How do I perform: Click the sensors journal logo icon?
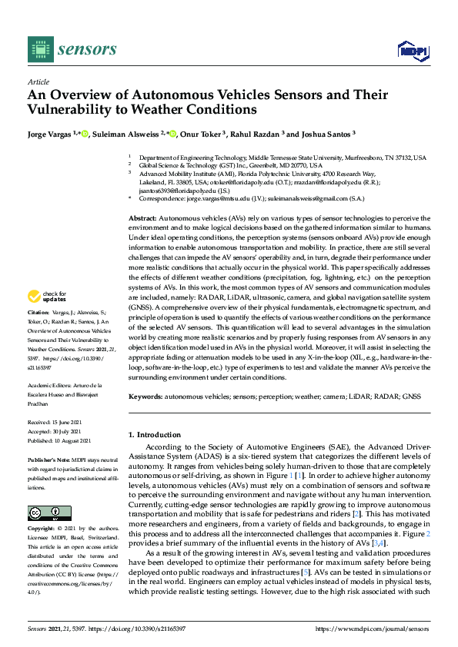click(x=38, y=48)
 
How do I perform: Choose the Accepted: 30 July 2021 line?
click(x=59, y=432)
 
